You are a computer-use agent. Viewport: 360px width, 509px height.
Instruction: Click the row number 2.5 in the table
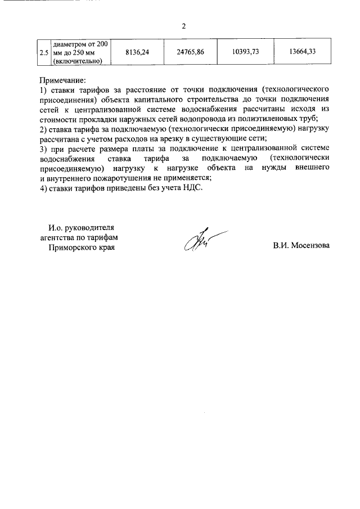pos(43,52)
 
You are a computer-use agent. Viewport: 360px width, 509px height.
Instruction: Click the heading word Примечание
pos(62,80)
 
